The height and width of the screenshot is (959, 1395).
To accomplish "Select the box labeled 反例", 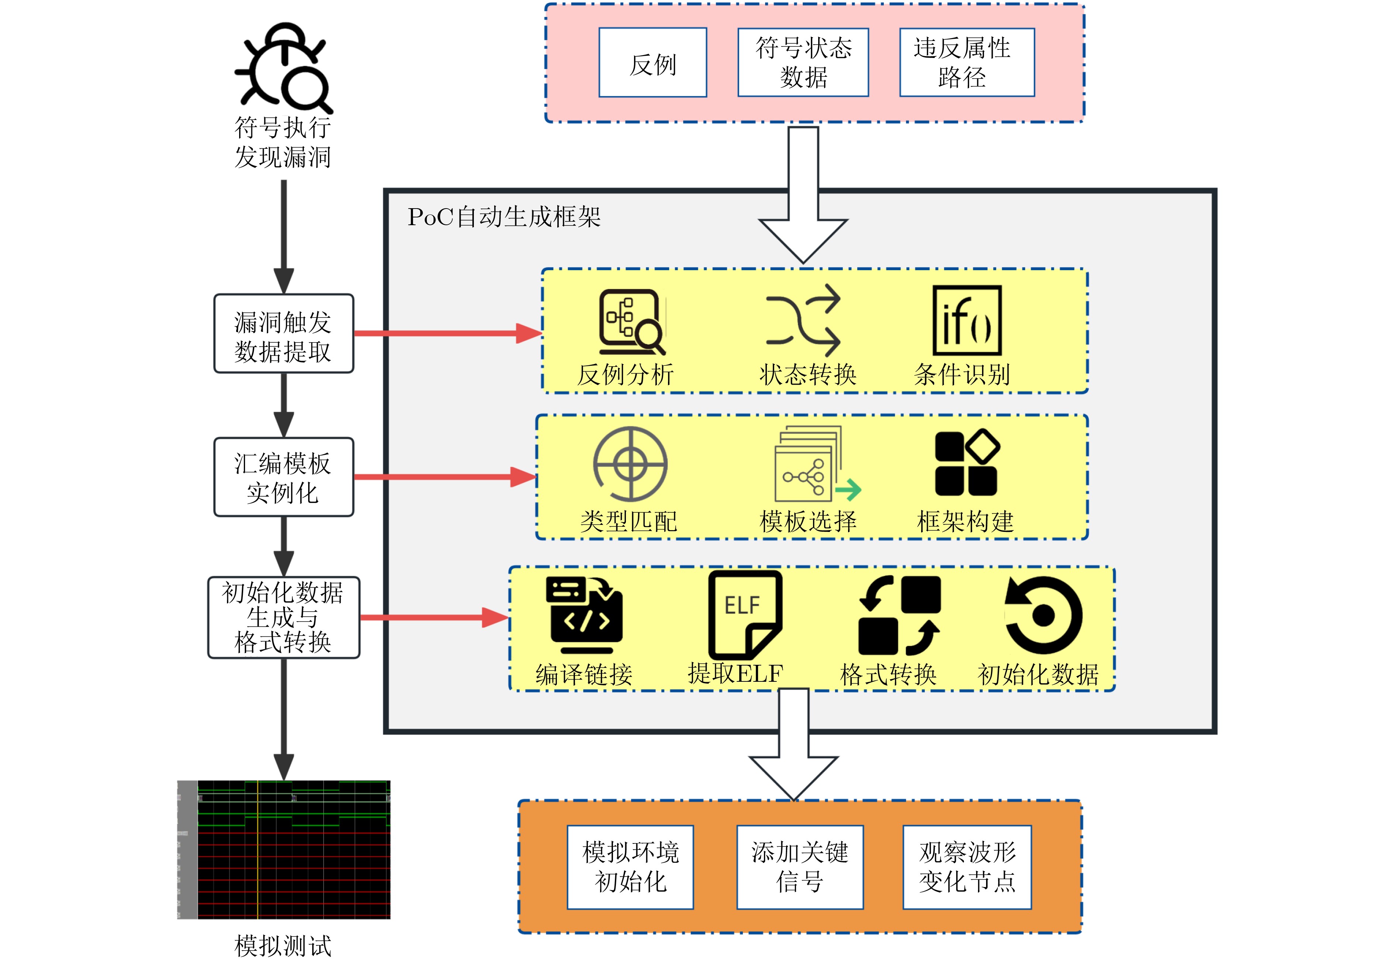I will click(x=652, y=62).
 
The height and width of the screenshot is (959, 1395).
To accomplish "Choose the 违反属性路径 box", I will click(x=967, y=62).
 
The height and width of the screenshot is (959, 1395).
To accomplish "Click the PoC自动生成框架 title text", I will click(x=503, y=217).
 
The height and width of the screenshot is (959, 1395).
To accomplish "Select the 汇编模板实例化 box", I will click(x=283, y=477).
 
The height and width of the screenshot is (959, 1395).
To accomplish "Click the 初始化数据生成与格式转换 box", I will click(x=283, y=618).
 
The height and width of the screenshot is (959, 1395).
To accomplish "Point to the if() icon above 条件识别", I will click(x=967, y=321).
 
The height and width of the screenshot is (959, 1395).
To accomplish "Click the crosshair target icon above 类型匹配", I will click(x=630, y=464).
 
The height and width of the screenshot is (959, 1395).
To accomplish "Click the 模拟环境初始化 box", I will click(x=630, y=867).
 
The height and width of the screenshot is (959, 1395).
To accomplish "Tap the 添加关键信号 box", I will click(x=800, y=867).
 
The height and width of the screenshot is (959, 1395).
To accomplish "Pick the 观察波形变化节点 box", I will click(x=967, y=867).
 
